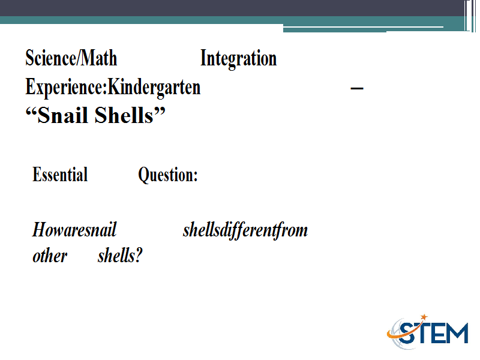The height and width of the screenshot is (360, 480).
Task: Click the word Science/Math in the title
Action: coord(71,58)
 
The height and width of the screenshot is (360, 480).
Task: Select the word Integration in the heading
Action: coord(238,59)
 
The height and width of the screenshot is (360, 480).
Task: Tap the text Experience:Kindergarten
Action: coord(113,88)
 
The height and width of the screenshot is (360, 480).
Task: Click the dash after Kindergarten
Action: coord(356,88)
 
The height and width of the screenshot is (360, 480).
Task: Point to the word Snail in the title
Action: coord(64,115)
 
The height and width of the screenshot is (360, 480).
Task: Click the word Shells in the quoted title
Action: coord(124,115)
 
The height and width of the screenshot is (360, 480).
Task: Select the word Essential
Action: coord(60,175)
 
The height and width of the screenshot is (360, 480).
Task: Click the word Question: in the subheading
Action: coord(168,175)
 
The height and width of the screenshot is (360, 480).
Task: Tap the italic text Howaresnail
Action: coord(74,230)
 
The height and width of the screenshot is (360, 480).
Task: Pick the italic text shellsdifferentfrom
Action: coord(245,230)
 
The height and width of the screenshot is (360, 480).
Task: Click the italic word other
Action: coord(50,256)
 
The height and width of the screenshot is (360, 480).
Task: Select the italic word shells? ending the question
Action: coord(120,256)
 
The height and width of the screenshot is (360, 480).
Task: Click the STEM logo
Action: coord(428,332)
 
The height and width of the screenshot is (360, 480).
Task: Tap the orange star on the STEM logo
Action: coord(424,317)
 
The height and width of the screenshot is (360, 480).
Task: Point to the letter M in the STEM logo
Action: coord(457,333)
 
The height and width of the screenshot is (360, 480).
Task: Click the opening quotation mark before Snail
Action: coord(31,110)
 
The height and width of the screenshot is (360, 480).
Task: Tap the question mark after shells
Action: coord(139,256)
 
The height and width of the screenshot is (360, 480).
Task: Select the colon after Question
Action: coord(195,176)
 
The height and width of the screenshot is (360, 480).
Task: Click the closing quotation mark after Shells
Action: coord(160,110)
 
